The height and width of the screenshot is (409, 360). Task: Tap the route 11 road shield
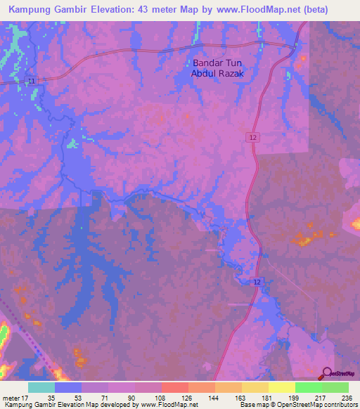click(31, 82)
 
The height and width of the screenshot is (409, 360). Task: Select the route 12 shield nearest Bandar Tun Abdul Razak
click(252, 138)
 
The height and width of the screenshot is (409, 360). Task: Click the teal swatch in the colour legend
click(41, 387)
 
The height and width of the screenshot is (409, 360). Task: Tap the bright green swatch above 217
click(309, 387)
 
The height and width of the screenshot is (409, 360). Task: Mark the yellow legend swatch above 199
click(282, 387)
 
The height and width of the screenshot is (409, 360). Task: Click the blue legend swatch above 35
click(68, 387)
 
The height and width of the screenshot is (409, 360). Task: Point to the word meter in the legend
click(11, 398)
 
